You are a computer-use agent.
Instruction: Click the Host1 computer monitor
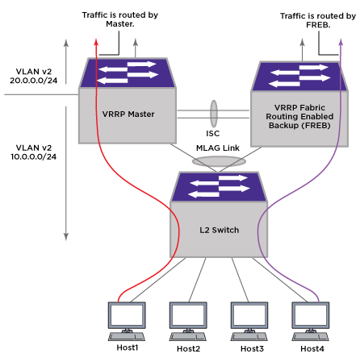tap(127, 315)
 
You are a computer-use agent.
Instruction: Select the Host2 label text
tap(188, 348)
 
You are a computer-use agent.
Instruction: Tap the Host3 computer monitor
tap(249, 315)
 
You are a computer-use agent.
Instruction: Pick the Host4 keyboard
tap(311, 337)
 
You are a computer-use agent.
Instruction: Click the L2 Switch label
tap(219, 230)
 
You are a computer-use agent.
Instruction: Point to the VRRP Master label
tap(128, 114)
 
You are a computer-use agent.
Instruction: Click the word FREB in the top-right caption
tap(317, 25)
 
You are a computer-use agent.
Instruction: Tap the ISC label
tap(212, 133)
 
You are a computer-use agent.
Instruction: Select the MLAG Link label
tap(218, 148)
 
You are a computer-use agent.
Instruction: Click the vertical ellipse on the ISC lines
tap(214, 114)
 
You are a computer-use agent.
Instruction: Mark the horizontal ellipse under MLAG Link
tap(219, 161)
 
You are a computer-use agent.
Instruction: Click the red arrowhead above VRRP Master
tap(96, 42)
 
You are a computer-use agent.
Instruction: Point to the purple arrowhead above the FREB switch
tap(341, 42)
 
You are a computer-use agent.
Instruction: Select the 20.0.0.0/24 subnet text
tap(34, 81)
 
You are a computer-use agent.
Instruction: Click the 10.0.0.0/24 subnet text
tap(34, 156)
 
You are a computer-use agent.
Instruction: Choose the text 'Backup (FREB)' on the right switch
tap(299, 126)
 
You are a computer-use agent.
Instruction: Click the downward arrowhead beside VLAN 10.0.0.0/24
tap(66, 236)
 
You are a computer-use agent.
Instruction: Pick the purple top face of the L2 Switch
tap(219, 187)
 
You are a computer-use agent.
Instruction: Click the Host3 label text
tap(252, 348)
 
